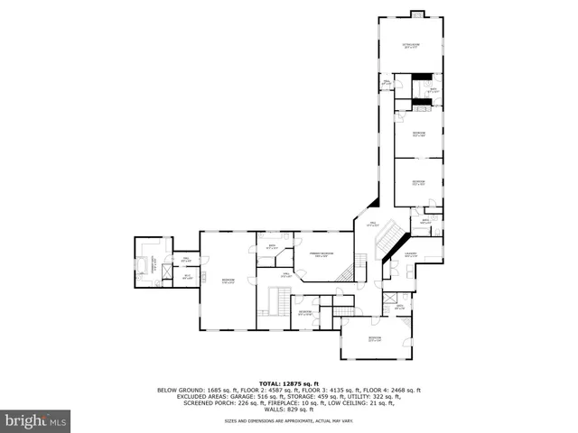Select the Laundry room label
410,255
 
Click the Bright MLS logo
35,420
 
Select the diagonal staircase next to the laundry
391,237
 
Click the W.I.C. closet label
188,278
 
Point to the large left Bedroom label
228,281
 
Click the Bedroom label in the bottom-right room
375,339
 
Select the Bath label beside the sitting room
433,90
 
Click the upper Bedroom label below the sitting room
418,134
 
